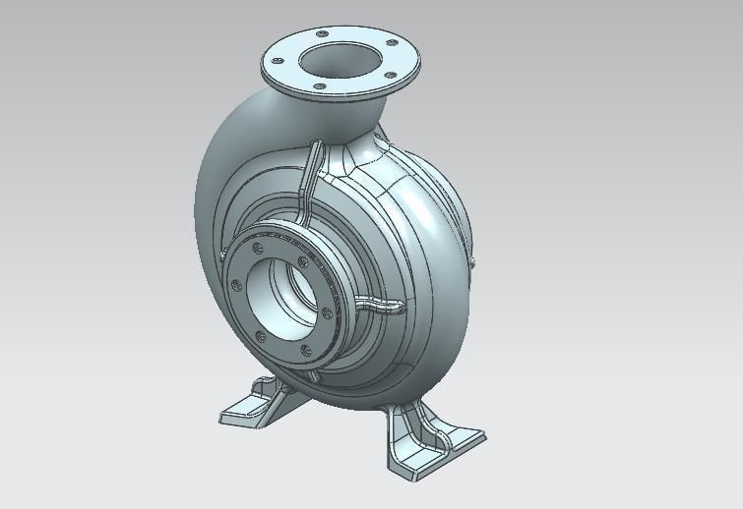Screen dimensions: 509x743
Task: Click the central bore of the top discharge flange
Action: click(340, 60)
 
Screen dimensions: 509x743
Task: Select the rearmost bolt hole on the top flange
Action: click(321, 33)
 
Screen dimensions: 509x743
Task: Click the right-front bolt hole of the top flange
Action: click(391, 76)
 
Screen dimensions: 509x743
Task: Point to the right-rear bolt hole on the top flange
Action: click(392, 43)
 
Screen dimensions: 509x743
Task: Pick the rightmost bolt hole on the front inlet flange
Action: click(327, 314)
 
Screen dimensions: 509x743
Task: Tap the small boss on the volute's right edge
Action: click(472, 261)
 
